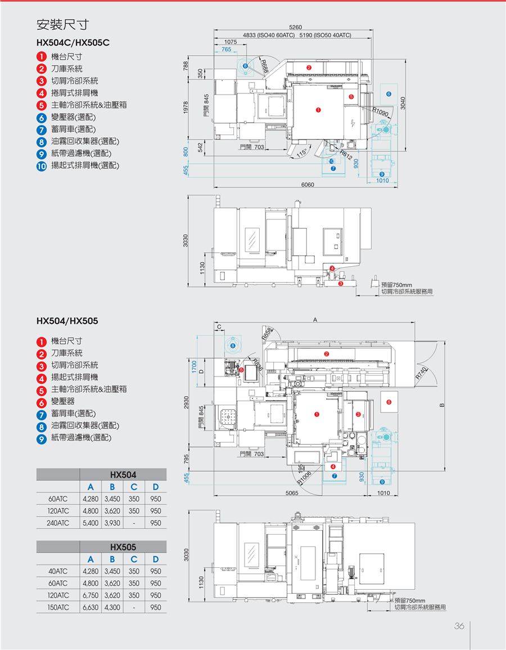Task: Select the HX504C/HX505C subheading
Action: [x=73, y=42]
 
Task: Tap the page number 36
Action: [x=459, y=626]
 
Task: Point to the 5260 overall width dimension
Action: [x=295, y=28]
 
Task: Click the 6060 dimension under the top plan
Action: [x=307, y=185]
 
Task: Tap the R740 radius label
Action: [x=422, y=372]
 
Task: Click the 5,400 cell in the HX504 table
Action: [x=90, y=523]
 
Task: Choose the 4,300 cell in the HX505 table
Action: [x=112, y=607]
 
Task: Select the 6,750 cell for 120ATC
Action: [x=90, y=595]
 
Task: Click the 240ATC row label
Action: [x=58, y=523]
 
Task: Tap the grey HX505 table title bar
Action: [x=123, y=546]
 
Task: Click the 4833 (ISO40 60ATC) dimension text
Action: [x=269, y=35]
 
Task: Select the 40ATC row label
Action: [x=58, y=572]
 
